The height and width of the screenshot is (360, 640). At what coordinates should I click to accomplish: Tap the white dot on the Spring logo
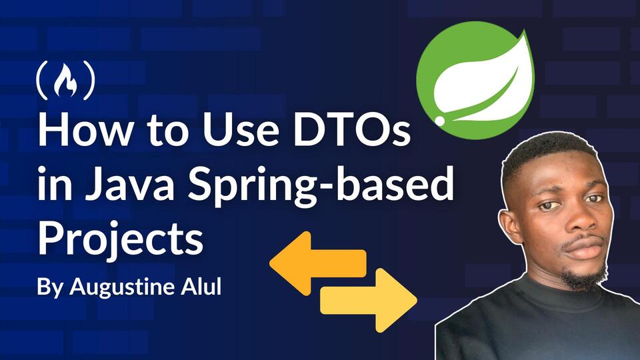(440, 121)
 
